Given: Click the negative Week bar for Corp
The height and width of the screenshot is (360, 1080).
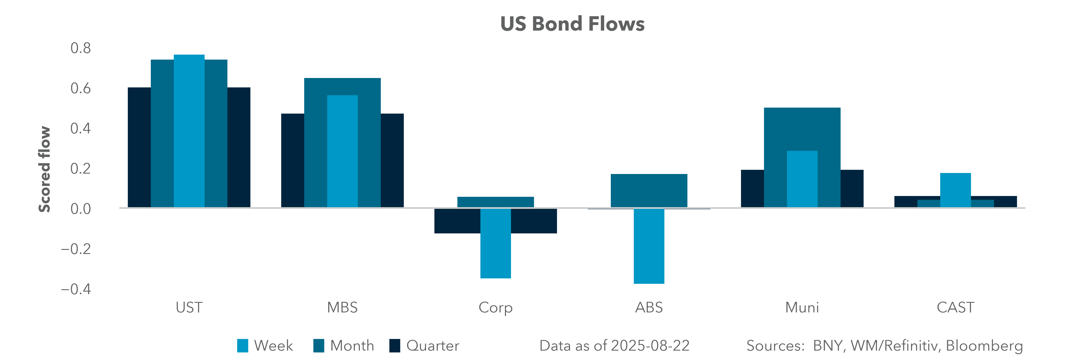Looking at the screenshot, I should [496, 243].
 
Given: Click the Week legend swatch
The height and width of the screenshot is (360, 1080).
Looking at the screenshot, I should [242, 346].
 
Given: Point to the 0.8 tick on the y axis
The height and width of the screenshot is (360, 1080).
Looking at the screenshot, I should [80, 48].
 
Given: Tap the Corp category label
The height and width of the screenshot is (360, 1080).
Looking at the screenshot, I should [496, 308].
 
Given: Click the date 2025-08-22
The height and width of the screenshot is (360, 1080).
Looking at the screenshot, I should [650, 346].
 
